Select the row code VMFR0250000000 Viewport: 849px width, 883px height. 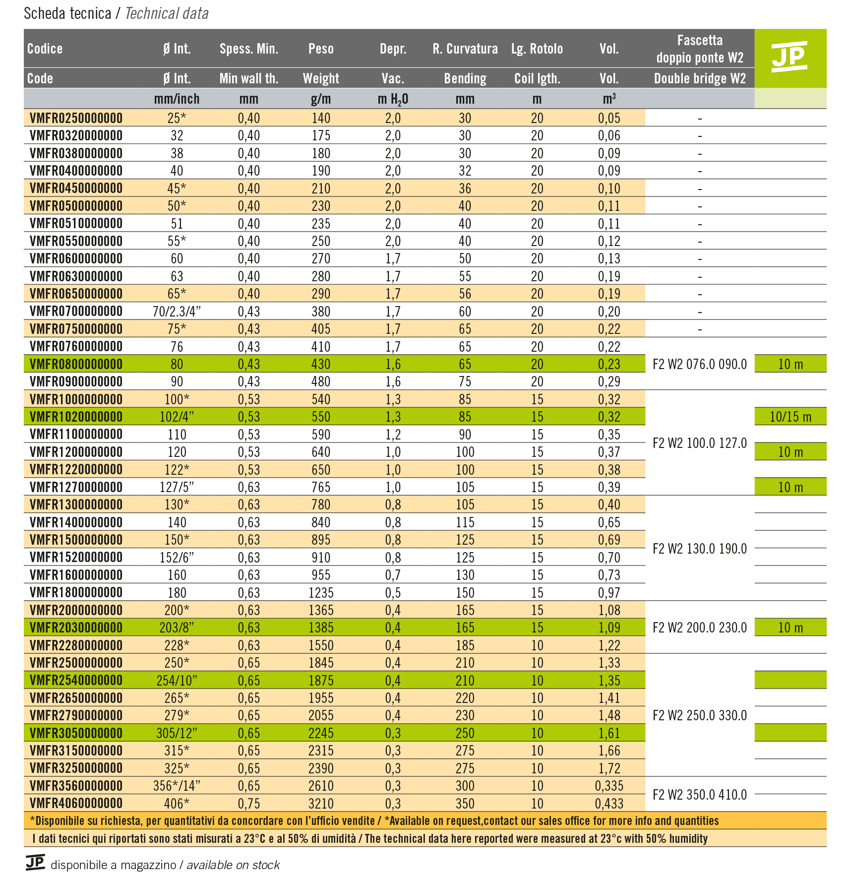tap(76, 118)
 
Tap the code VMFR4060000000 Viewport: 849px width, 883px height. tap(76, 803)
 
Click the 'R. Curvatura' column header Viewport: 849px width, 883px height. tap(465, 49)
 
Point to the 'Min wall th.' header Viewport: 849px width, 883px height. tap(248, 78)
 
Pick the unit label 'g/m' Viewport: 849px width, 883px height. tap(320, 99)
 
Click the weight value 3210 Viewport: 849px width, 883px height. tap(320, 803)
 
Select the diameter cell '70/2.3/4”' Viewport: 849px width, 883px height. tap(177, 312)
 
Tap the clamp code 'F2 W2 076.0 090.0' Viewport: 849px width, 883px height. tap(699, 364)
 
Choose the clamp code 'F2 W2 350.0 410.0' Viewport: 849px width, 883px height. tap(699, 795)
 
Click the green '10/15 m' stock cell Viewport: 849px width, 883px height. tap(790, 417)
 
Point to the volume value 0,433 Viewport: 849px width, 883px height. tap(609, 803)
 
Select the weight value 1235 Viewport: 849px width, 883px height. tap(320, 593)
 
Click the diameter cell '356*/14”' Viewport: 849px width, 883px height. tap(177, 786)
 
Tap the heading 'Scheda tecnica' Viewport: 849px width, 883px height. tap(67, 13)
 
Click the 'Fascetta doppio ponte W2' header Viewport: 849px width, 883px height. tap(699, 49)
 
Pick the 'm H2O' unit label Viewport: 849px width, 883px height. tap(392, 99)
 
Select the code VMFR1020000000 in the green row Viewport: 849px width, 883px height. tap(76, 417)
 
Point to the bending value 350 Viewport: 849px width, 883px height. tap(465, 803)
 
